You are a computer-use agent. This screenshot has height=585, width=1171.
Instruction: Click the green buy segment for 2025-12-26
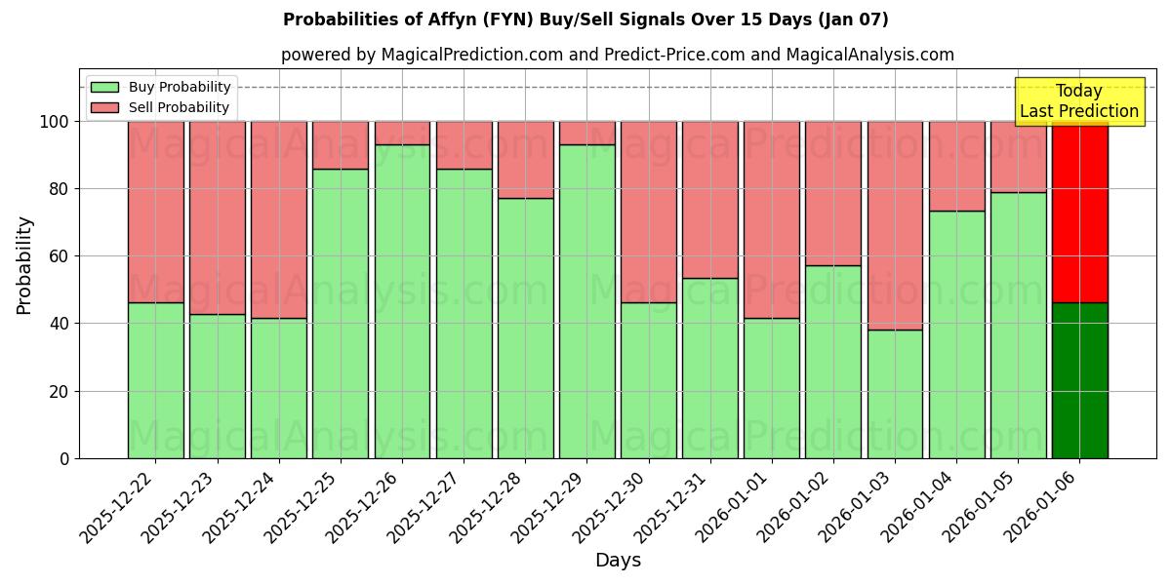pyautogui.click(x=402, y=301)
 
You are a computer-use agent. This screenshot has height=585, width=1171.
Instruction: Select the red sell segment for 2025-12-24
pyautogui.click(x=279, y=219)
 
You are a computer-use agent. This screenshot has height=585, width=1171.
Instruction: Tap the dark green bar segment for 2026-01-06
pyautogui.click(x=1079, y=380)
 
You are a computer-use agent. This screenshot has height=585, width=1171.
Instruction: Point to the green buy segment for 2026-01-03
pyautogui.click(x=895, y=394)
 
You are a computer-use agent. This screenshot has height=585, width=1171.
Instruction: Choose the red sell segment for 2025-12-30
pyautogui.click(x=648, y=212)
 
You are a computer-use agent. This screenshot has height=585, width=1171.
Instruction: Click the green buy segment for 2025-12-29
pyautogui.click(x=586, y=301)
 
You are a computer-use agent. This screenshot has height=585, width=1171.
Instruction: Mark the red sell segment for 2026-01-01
pyautogui.click(x=771, y=219)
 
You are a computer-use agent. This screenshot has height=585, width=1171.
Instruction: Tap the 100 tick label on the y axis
pyautogui.click(x=55, y=122)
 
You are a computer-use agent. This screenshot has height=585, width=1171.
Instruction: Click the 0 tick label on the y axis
pyautogui.click(x=65, y=458)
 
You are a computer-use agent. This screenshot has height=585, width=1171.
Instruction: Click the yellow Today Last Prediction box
pyautogui.click(x=1079, y=101)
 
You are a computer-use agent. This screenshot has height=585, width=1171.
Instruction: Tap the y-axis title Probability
pyautogui.click(x=24, y=265)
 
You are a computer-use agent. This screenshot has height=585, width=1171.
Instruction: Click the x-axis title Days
pyautogui.click(x=618, y=561)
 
